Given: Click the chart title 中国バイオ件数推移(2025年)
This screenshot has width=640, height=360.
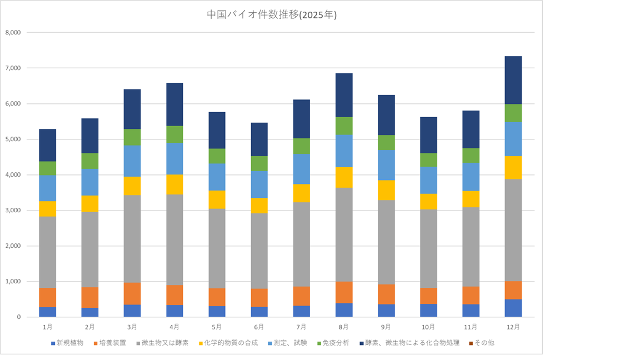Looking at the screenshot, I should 272,15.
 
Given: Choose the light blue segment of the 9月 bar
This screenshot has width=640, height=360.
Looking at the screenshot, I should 386,164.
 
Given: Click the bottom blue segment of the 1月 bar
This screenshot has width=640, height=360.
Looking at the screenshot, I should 47,312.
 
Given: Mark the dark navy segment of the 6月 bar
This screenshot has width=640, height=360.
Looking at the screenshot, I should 259,139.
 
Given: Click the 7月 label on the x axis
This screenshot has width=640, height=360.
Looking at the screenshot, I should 301,327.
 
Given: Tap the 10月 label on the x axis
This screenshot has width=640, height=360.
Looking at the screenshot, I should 428,327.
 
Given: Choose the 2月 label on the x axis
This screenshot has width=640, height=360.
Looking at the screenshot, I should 89,327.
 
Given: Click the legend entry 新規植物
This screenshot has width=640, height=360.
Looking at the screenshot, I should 70,343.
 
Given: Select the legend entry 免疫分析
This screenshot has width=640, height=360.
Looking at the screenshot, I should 334,343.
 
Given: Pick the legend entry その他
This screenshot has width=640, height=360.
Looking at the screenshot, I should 482,343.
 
